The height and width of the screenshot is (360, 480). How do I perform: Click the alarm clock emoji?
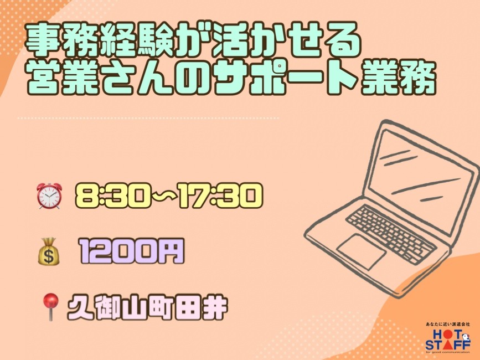[49, 196]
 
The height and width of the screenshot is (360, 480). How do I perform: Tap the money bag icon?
[49, 251]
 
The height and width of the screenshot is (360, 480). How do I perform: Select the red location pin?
[50, 306]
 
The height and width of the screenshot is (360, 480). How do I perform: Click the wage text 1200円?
[131, 251]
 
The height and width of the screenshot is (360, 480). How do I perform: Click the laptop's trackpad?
[362, 251]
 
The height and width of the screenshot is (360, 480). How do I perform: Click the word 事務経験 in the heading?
[101, 40]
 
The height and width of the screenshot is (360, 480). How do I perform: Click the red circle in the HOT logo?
[447, 334]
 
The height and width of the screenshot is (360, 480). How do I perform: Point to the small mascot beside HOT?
[466, 337]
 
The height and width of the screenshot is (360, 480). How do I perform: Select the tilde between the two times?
[164, 196]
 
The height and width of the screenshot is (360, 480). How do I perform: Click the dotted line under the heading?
[148, 118]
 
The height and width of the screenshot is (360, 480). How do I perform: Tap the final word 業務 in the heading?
[399, 77]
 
